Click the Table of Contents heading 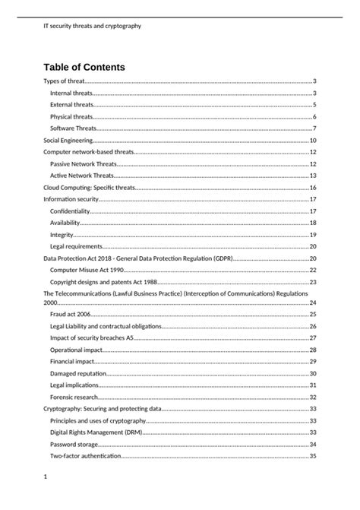[x=84, y=67]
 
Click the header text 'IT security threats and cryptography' [x=93, y=26]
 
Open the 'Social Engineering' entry [x=68, y=141]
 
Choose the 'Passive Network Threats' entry [x=84, y=164]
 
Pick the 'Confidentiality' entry [x=70, y=211]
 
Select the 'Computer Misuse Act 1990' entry [x=87, y=270]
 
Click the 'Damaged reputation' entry [x=78, y=373]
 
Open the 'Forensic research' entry [x=74, y=397]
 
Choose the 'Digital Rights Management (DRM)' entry [x=96, y=432]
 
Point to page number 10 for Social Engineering [x=312, y=141]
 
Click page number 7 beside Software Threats [x=314, y=128]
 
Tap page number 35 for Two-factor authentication [x=312, y=456]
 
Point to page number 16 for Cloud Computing [x=312, y=187]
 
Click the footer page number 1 [x=46, y=477]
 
